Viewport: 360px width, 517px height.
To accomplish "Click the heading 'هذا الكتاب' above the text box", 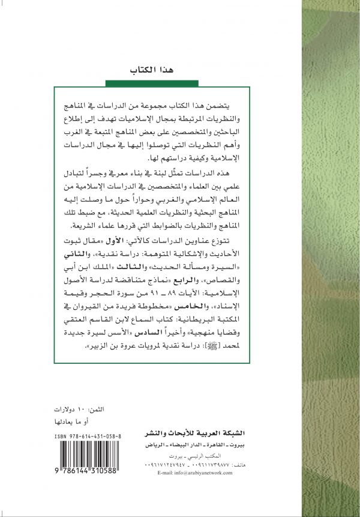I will pos(148,70).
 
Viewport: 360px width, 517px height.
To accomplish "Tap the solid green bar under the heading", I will pos(147,82).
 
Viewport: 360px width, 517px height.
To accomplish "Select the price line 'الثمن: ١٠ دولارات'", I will pos(84,408).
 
